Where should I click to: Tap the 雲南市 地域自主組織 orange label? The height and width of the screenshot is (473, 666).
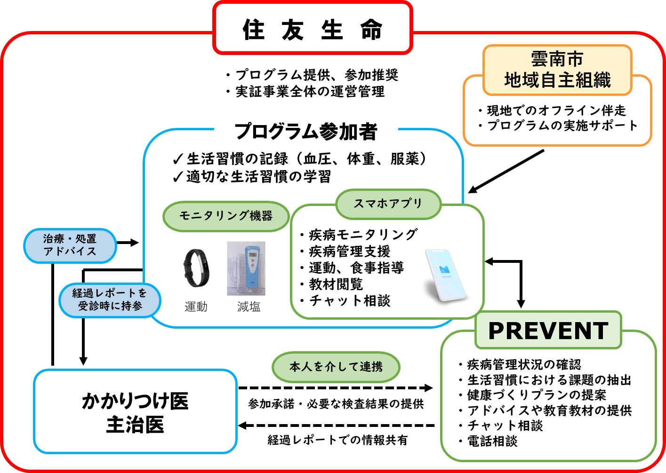click(x=557, y=70)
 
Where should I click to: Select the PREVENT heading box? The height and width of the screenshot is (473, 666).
click(x=548, y=331)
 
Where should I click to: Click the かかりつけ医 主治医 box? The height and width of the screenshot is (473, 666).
click(x=135, y=412)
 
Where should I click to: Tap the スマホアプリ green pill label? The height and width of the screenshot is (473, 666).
click(x=388, y=204)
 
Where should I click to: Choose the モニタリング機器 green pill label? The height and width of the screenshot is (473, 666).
click(x=226, y=216)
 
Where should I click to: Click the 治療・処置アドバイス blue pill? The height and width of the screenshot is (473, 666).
click(x=70, y=245)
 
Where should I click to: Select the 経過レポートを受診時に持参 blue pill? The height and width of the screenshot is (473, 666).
click(x=110, y=300)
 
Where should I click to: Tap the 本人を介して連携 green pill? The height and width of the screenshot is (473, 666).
click(x=336, y=367)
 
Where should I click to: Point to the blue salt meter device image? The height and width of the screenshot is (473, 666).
click(x=246, y=268)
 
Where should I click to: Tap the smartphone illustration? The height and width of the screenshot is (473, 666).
click(x=444, y=276)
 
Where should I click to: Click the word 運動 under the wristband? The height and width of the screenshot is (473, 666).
click(x=196, y=307)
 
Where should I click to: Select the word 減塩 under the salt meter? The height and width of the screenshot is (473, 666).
click(x=249, y=307)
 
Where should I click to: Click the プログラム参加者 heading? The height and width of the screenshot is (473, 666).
click(x=306, y=131)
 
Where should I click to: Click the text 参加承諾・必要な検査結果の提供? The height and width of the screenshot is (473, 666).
click(x=336, y=404)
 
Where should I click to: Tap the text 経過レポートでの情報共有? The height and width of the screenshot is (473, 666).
click(x=337, y=440)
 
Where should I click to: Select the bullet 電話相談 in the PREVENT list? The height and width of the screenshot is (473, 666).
click(x=492, y=441)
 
